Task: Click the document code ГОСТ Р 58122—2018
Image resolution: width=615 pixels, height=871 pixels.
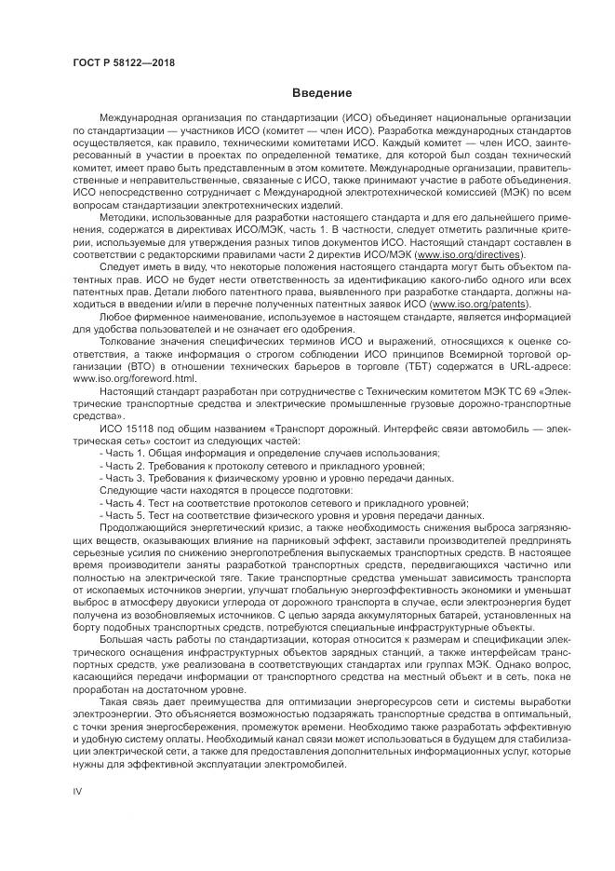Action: pos(123,63)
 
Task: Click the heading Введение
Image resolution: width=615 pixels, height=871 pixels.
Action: pos(322,93)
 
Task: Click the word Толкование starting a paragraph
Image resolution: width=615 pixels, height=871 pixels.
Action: pos(130,343)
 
